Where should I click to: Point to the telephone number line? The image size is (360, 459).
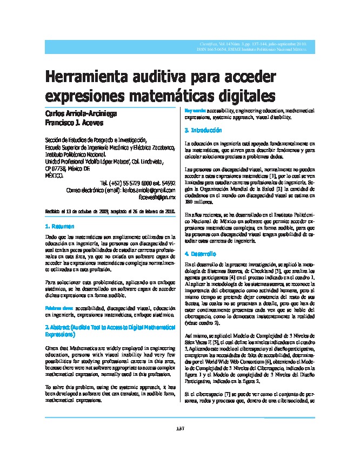tap(137, 183)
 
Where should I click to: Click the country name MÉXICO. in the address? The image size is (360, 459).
tap(53, 175)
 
